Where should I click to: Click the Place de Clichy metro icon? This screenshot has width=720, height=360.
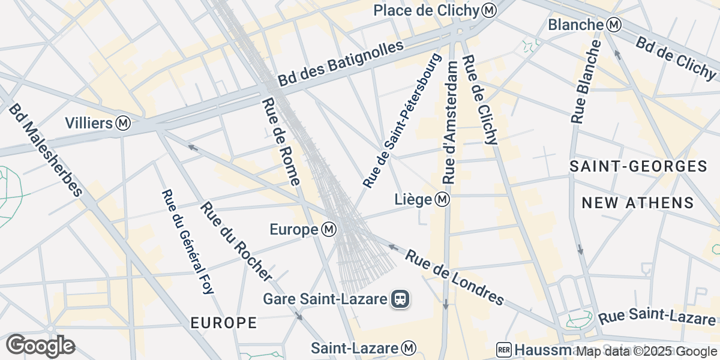click(x=490, y=10)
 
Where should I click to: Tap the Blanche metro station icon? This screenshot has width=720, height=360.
click(x=613, y=25)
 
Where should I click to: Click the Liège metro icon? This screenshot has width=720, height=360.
click(x=442, y=199)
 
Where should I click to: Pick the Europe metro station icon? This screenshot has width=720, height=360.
click(x=329, y=229)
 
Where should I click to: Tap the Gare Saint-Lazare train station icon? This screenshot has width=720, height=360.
click(x=400, y=298)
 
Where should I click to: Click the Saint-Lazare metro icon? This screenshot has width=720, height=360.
click(x=409, y=348)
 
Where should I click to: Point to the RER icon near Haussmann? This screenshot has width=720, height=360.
click(x=504, y=350)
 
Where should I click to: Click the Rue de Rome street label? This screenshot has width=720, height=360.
click(x=281, y=142)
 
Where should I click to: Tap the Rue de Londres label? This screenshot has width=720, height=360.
click(x=454, y=277)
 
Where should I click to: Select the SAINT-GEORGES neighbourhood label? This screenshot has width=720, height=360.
click(x=638, y=167)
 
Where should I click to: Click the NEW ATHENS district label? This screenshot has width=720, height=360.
click(x=638, y=203)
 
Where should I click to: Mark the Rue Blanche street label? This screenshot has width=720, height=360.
click(x=586, y=83)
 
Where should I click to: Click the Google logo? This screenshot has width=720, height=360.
click(x=40, y=346)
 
